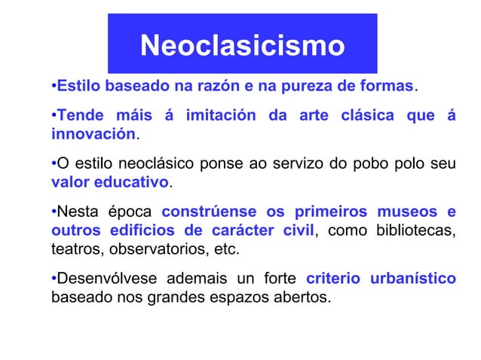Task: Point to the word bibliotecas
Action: (415, 230)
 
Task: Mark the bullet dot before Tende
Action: (54, 117)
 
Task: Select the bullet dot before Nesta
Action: (54, 212)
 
